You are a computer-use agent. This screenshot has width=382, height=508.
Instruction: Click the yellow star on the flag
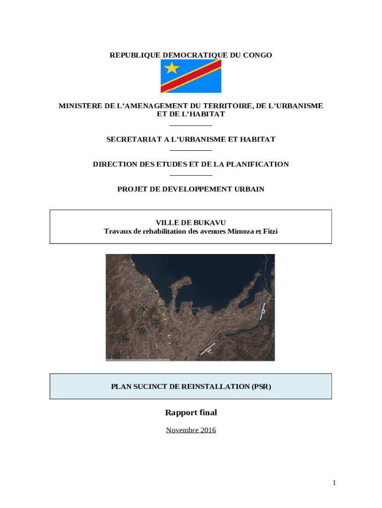pyautogui.click(x=172, y=67)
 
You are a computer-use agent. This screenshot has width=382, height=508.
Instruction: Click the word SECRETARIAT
pyautogui.click(x=130, y=139)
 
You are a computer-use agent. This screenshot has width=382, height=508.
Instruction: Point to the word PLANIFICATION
pyautogui.click(x=257, y=164)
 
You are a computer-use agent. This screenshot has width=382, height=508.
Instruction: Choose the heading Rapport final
pyautogui.click(x=191, y=412)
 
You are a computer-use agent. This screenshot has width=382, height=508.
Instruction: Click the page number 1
pyautogui.click(x=335, y=483)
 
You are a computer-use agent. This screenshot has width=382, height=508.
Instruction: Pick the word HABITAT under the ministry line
pyautogui.click(x=205, y=114)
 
